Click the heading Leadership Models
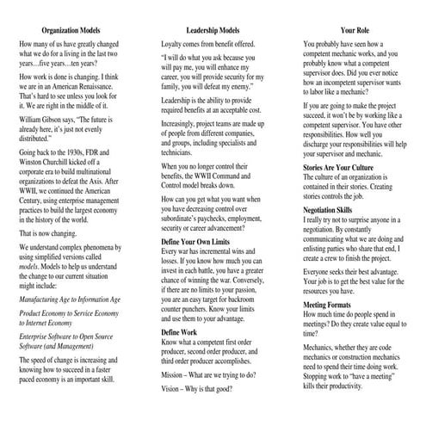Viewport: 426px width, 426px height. pos(212,30)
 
